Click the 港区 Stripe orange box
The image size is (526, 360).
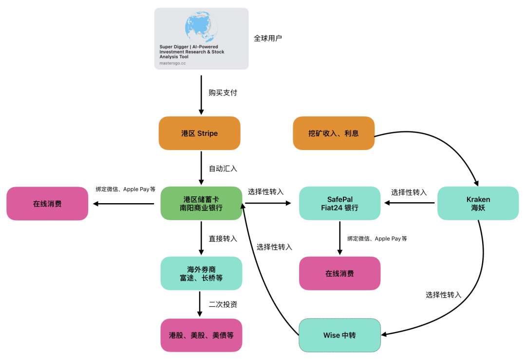(x=200, y=133)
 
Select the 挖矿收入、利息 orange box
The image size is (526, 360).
(x=334, y=133)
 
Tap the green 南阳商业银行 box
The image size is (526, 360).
(x=201, y=203)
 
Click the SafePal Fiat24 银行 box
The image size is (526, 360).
(x=339, y=203)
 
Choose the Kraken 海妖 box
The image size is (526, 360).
(x=478, y=203)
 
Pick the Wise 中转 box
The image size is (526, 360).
(x=339, y=336)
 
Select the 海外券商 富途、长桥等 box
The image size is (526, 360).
(x=201, y=273)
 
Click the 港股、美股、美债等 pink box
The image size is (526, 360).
(x=201, y=335)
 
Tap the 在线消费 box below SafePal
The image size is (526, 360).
(x=339, y=273)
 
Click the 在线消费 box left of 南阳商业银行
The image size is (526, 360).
(x=47, y=204)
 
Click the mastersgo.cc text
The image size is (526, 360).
(x=172, y=63)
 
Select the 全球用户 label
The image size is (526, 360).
(x=268, y=38)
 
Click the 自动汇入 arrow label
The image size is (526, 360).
(x=223, y=169)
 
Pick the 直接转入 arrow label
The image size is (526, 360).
(x=223, y=239)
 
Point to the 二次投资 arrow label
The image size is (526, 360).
(x=223, y=304)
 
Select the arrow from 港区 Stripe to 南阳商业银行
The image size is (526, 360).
(x=201, y=168)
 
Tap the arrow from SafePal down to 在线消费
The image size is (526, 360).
(x=339, y=238)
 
